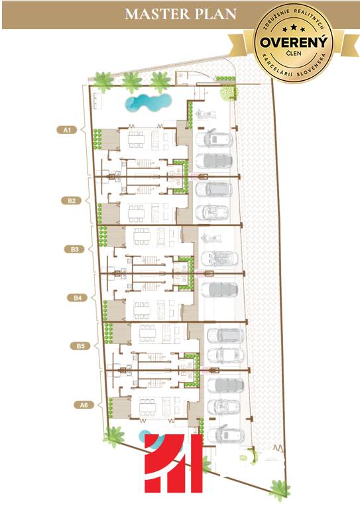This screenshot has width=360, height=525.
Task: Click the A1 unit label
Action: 67,129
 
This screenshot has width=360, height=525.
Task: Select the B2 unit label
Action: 72,201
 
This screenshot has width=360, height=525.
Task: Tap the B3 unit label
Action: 74,249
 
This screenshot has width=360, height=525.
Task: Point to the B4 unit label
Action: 78,298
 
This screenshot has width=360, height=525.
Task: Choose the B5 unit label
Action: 80,346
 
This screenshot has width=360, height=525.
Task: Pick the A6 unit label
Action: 84,405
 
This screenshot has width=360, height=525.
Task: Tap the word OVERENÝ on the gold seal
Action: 293,42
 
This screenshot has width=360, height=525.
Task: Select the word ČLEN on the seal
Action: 293,53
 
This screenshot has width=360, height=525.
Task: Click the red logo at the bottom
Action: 174,463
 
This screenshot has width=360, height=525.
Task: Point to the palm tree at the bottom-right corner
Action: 280,489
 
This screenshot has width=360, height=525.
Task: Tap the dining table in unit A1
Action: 136,139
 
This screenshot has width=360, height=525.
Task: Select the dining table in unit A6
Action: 148,408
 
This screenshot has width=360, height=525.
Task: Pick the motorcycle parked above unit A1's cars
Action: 206,115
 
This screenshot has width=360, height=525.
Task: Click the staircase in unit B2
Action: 145,189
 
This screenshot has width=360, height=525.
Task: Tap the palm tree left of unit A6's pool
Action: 114,436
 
